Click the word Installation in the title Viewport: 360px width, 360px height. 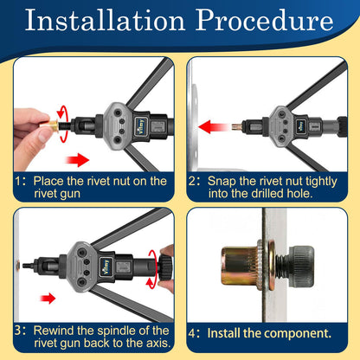tap(105, 20)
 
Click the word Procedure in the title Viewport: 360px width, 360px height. tap(265, 20)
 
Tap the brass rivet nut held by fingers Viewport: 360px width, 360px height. tap(49, 125)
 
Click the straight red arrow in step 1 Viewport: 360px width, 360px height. tap(78, 160)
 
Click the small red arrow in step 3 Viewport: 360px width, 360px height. tap(48, 298)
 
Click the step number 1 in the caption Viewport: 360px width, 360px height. tap(18, 181)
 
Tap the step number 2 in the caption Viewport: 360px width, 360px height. tap(192, 181)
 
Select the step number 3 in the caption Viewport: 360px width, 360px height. tap(18, 331)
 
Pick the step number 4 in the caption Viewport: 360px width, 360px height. tap(192, 333)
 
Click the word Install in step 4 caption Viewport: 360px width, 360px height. tap(224, 333)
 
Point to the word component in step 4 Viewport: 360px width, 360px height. tap(296, 334)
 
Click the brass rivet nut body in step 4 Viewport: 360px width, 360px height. tap(241, 267)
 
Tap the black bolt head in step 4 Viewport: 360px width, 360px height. tap(302, 266)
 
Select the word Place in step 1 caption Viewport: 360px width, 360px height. tap(48, 181)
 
